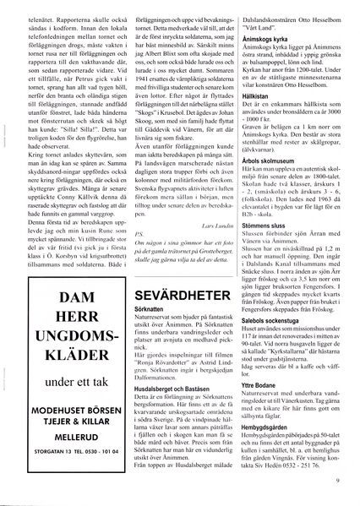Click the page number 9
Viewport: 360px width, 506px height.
(335, 482)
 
